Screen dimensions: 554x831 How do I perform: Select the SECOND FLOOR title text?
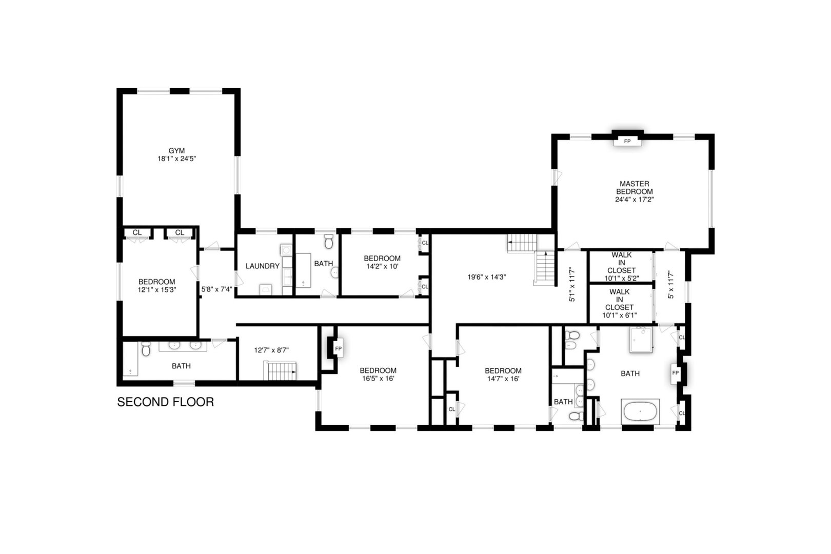pyautogui.click(x=165, y=402)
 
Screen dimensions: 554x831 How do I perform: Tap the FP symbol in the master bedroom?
pyautogui.click(x=627, y=141)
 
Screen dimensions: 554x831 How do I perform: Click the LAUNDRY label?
pyautogui.click(x=262, y=266)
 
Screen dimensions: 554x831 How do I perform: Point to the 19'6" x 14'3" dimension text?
pyautogui.click(x=487, y=277)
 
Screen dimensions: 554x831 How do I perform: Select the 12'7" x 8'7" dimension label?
pyautogui.click(x=271, y=350)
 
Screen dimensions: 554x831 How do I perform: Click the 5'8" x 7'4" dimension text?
pyautogui.click(x=216, y=289)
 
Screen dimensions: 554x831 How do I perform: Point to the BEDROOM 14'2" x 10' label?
pyautogui.click(x=382, y=262)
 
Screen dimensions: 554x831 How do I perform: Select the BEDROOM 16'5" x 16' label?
pyautogui.click(x=378, y=374)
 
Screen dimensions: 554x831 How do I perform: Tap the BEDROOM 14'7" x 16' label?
pyautogui.click(x=503, y=374)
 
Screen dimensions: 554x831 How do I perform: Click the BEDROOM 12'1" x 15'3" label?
pyautogui.click(x=156, y=286)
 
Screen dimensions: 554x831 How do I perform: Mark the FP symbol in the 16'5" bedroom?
pyautogui.click(x=338, y=349)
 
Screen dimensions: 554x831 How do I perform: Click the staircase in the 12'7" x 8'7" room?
pyautogui.click(x=280, y=370)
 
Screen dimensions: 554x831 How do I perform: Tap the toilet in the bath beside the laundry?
pyautogui.click(x=329, y=241)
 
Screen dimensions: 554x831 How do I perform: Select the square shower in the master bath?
pyautogui.click(x=641, y=339)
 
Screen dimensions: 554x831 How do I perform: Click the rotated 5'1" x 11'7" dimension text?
pyautogui.click(x=571, y=285)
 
